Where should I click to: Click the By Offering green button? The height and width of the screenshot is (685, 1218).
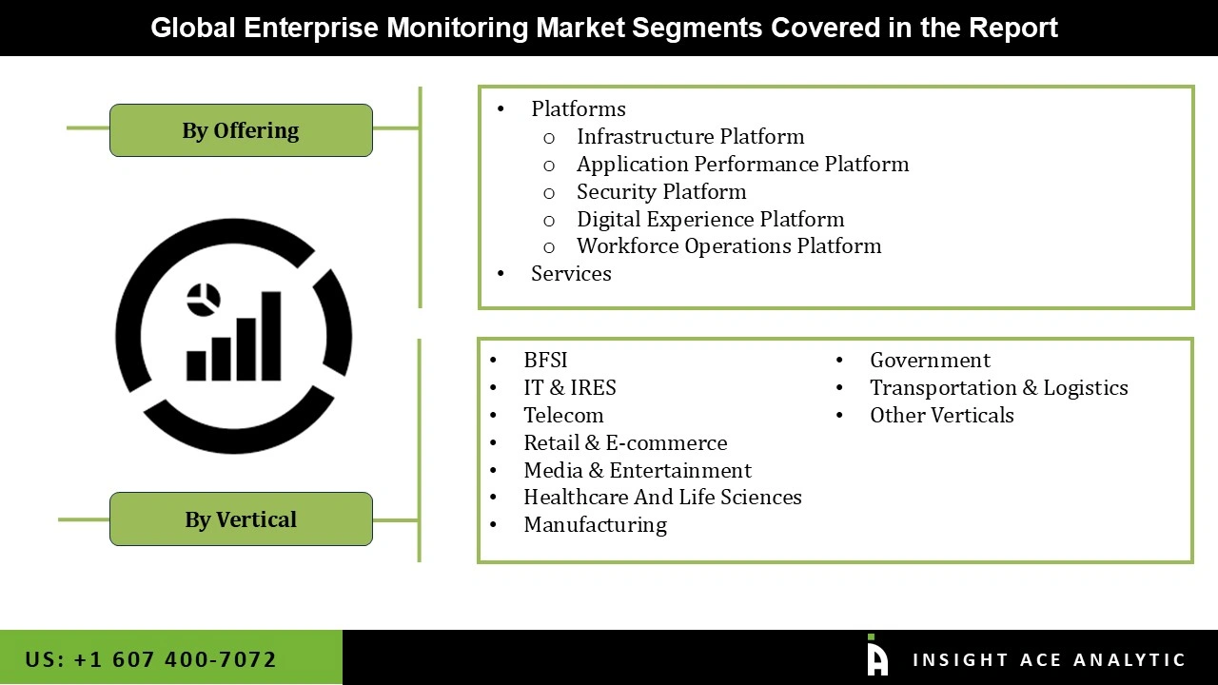coord(241,130)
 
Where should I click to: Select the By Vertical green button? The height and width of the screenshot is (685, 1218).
coord(241,519)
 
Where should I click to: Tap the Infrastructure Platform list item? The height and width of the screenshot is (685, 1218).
coord(690,136)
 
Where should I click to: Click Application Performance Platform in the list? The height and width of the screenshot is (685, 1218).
coord(742,164)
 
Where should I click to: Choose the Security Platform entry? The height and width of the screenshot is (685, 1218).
coord(661,191)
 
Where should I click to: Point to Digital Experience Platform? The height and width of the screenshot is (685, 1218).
coord(710,219)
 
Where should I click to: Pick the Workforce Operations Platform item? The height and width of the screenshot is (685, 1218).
coord(729,245)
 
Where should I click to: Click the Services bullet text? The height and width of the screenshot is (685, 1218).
coord(571,273)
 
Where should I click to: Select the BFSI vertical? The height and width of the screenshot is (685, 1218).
coord(545,360)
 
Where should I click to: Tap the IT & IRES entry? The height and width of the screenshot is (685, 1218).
coord(569,387)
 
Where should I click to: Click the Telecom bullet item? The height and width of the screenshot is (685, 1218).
coord(563,415)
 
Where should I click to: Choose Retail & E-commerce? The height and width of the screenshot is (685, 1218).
coord(625,442)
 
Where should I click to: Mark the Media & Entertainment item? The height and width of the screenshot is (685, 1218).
coord(637,470)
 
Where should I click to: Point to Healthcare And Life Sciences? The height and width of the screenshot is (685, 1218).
coord(662,497)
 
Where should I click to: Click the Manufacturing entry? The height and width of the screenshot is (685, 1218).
coord(595,524)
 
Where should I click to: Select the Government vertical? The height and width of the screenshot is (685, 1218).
coord(930,360)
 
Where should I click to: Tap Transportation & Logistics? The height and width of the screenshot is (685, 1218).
coord(998,387)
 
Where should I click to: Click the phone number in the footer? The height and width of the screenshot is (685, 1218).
coord(150,659)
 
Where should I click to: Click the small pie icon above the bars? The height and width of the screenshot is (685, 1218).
coord(204,299)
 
